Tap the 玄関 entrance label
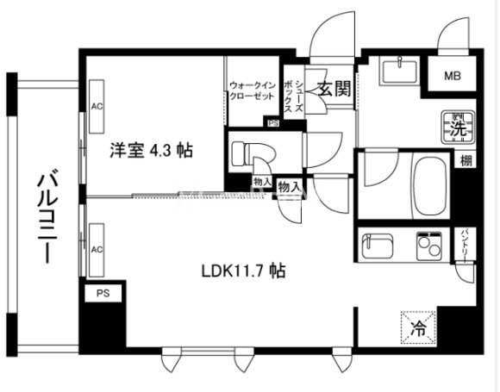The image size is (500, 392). coord(334,89)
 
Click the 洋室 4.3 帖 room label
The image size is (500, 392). coord(150,150)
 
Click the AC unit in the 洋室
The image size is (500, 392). coord(97,107)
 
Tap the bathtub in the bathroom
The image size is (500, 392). coord(428,184)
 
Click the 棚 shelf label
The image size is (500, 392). coord(466,161)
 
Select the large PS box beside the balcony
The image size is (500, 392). coord(103,293)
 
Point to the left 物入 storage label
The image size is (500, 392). coord(263,182)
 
